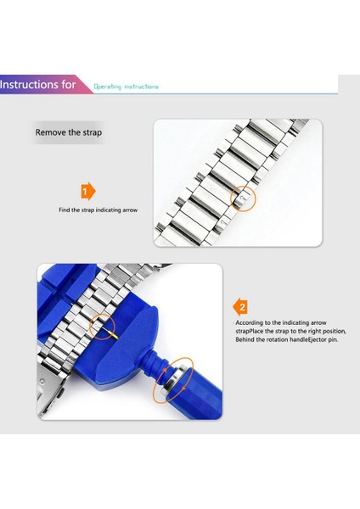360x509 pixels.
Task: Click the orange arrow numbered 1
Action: click(x=87, y=192)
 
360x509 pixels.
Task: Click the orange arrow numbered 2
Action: click(x=240, y=307)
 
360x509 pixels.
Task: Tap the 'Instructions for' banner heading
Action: click(x=37, y=85)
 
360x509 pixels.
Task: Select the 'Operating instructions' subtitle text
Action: click(x=126, y=87)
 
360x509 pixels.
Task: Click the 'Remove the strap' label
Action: click(x=69, y=132)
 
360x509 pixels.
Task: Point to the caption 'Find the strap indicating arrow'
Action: click(x=98, y=210)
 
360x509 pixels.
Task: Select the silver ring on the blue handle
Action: click(x=174, y=380)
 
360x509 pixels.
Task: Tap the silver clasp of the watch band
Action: click(x=52, y=389)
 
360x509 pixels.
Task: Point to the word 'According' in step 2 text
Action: click(x=250, y=323)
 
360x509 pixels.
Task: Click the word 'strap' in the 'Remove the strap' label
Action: click(x=93, y=133)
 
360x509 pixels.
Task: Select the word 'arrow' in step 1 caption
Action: click(x=130, y=210)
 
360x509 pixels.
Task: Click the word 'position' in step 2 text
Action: click(x=335, y=332)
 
